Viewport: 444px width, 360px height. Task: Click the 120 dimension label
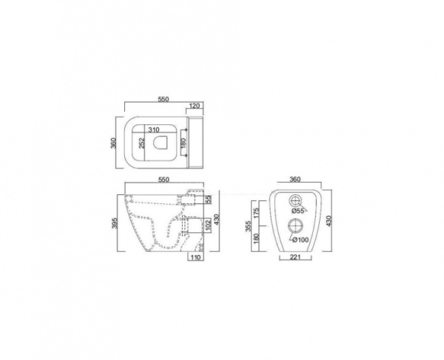[x=195, y=106]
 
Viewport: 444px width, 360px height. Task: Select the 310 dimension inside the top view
[x=154, y=130]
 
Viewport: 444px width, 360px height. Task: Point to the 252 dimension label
[x=142, y=143]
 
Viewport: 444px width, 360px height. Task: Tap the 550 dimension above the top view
[x=164, y=99]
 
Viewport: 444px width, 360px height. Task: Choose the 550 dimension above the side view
[x=164, y=180]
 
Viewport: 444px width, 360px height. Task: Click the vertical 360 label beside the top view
[x=113, y=143]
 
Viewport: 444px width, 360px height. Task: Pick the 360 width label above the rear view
[x=295, y=180]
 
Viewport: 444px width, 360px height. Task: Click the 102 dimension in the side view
[x=208, y=225]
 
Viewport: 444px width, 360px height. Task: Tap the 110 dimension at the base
[x=195, y=257]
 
